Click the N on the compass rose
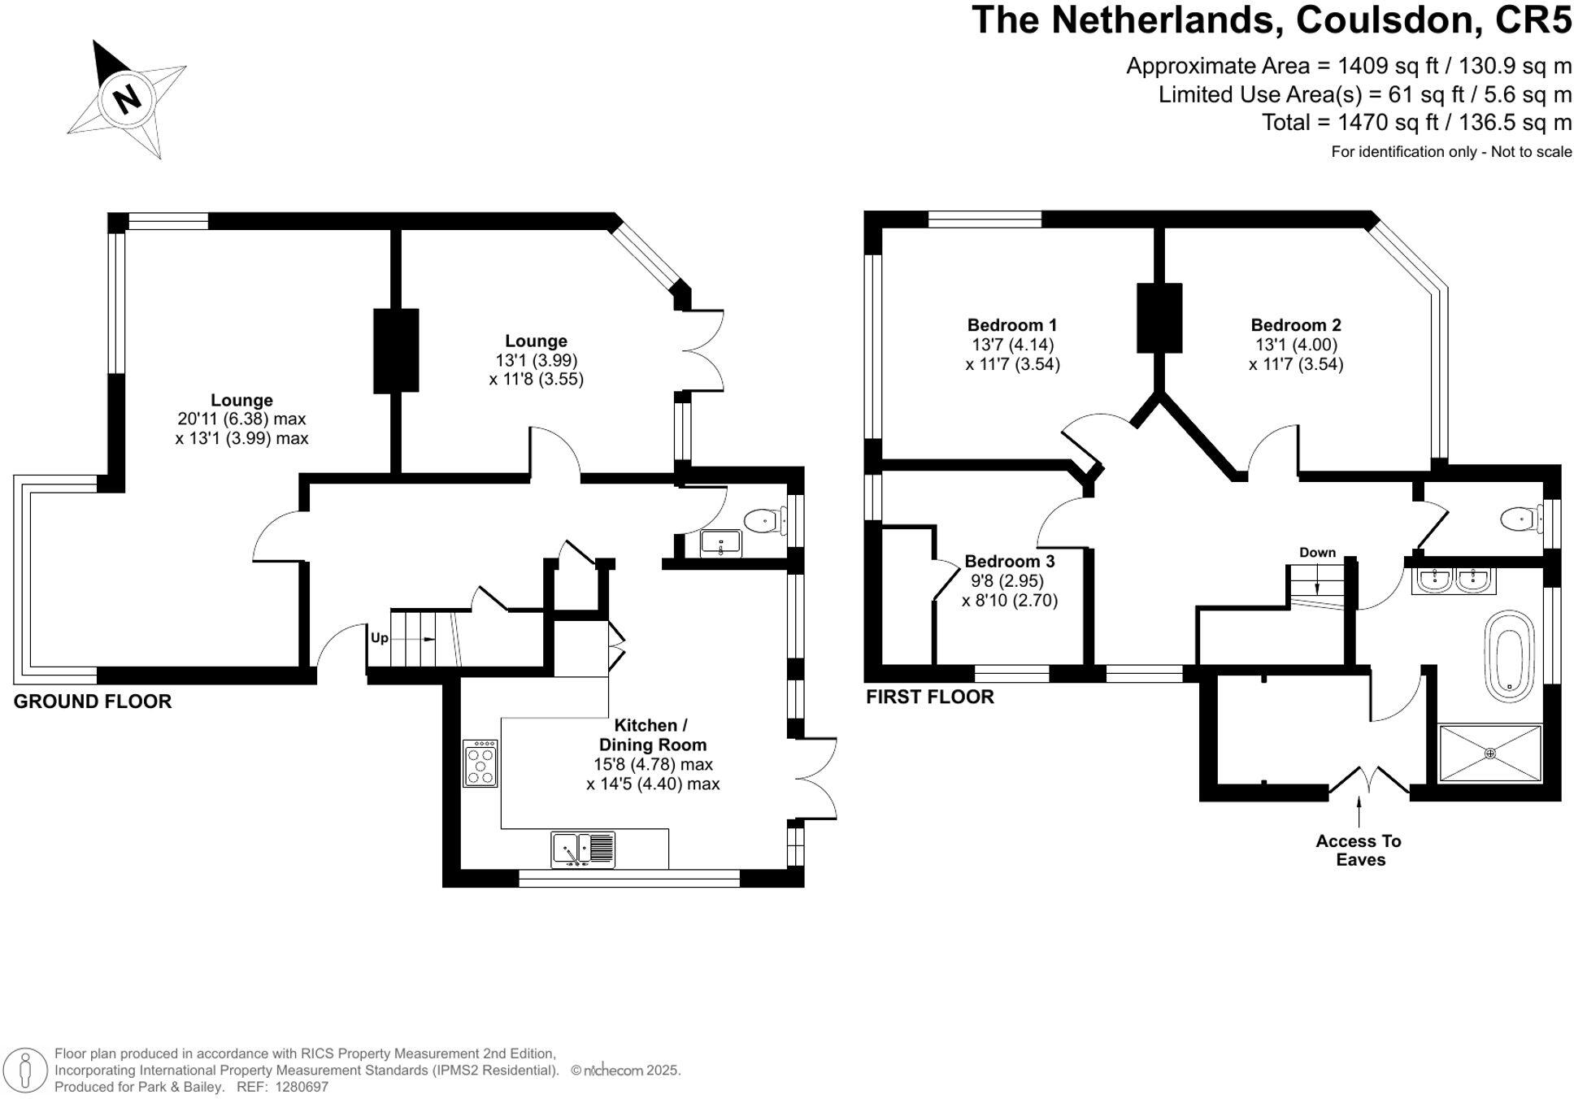click(x=127, y=100)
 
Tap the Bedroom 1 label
click(x=1012, y=325)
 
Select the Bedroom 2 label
click(x=1296, y=325)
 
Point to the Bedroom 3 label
click(x=1010, y=562)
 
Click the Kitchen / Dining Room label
click(x=653, y=735)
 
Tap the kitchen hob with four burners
click(x=480, y=763)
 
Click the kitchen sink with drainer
click(x=583, y=850)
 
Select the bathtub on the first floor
click(x=1509, y=655)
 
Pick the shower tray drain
click(x=1490, y=754)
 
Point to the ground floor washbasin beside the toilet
click(x=720, y=543)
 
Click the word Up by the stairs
click(x=380, y=638)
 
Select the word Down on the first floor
click(x=1317, y=553)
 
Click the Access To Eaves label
click(x=1359, y=850)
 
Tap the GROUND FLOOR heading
click(x=93, y=702)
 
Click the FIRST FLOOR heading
click(x=930, y=697)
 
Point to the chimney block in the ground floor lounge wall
click(x=396, y=350)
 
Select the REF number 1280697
click(x=302, y=1087)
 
